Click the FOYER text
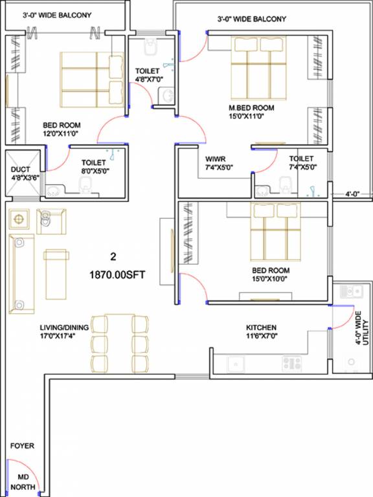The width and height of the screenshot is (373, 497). [22, 446]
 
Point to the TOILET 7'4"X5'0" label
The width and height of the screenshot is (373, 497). [301, 162]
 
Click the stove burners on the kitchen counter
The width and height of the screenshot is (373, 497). [291, 363]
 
